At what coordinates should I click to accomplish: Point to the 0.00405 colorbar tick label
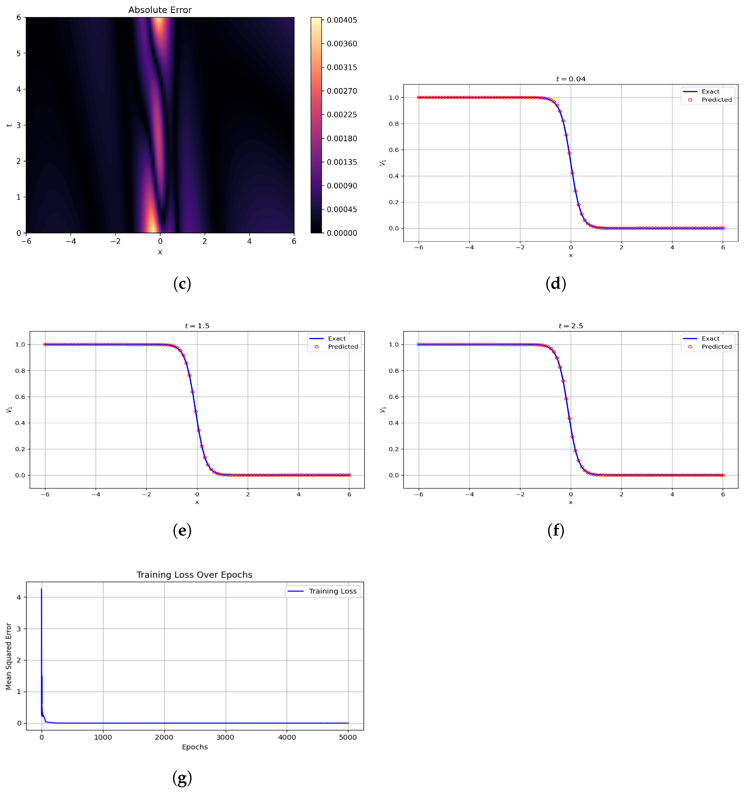pyautogui.click(x=342, y=20)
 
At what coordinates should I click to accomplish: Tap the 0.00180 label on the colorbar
pyautogui.click(x=342, y=138)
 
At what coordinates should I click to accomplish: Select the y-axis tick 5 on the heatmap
pyautogui.click(x=18, y=53)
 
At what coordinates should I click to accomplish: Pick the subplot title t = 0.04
pyautogui.click(x=570, y=79)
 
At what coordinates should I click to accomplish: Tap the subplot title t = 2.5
pyautogui.click(x=570, y=326)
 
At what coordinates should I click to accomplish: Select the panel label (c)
pyautogui.click(x=182, y=284)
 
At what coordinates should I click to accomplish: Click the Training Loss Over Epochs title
pyautogui.click(x=194, y=575)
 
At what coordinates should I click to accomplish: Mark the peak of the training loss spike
pyautogui.click(x=42, y=589)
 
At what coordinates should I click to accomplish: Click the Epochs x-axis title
pyautogui.click(x=194, y=747)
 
